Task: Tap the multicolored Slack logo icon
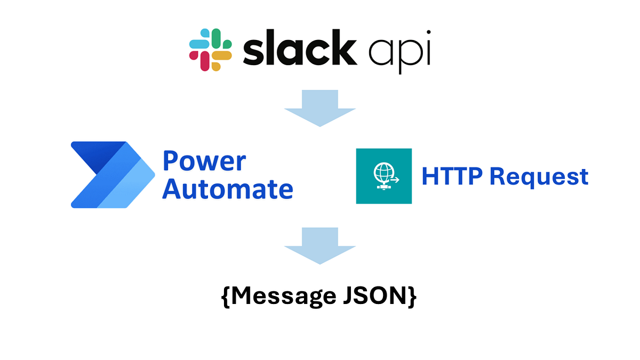211,50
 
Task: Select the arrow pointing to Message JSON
319,246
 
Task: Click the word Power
204,161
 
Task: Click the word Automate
228,188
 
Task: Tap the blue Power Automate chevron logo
112,174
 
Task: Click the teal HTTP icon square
383,176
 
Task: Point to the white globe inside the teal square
381,173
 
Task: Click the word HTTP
451,176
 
